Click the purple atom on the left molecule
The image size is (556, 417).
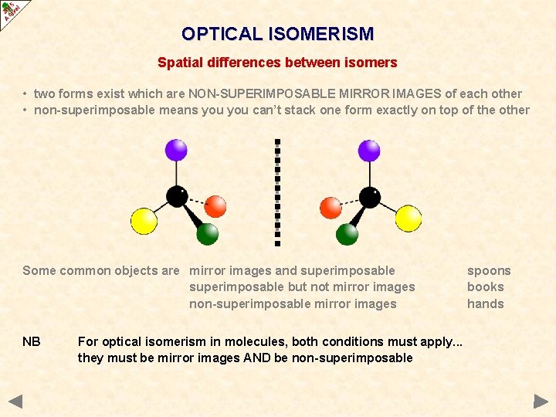[x=177, y=150]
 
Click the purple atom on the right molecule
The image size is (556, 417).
[x=369, y=150]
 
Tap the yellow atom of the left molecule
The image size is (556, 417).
[x=144, y=221]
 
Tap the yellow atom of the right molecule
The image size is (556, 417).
[x=409, y=219]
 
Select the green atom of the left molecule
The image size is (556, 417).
[x=207, y=233]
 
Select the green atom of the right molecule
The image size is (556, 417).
[x=347, y=233]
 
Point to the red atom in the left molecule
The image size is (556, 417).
[x=215, y=206]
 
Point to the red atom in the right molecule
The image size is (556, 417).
[x=331, y=208]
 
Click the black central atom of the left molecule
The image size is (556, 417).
[x=177, y=197]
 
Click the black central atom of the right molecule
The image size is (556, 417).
[x=370, y=198]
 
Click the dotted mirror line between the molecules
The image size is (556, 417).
[x=277, y=192]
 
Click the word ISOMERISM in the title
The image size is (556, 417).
[x=320, y=34]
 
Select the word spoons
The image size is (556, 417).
[x=489, y=270]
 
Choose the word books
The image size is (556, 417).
[x=485, y=286]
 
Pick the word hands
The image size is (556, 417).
[x=485, y=303]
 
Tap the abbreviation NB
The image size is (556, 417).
[x=32, y=341]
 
